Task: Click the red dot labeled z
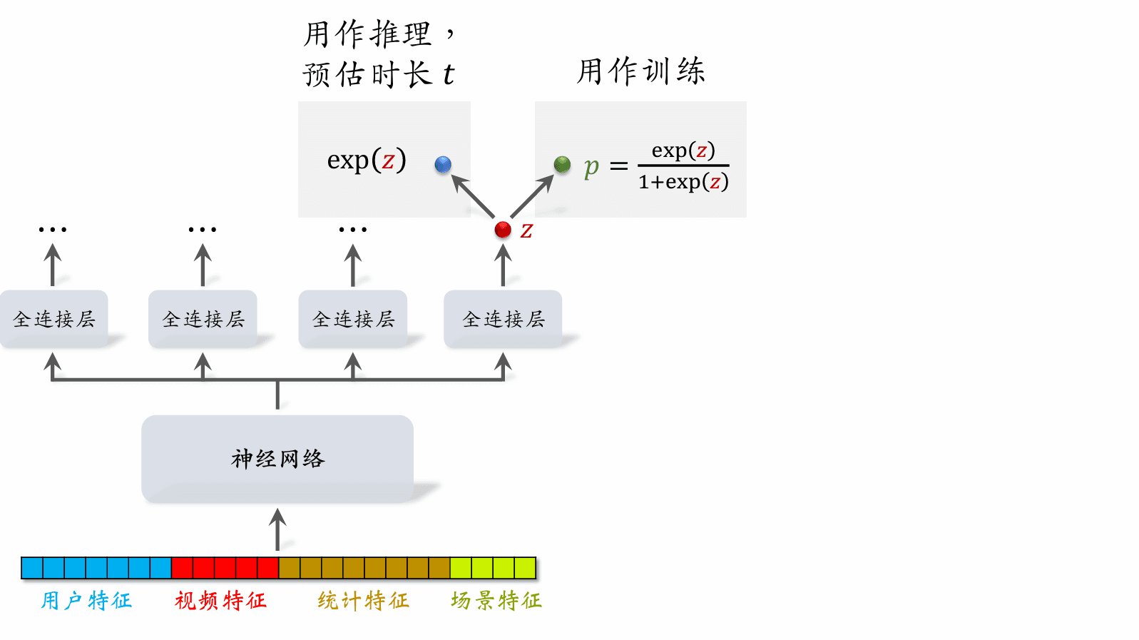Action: (x=503, y=230)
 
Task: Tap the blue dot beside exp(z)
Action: (x=443, y=165)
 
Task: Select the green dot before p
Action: (x=562, y=165)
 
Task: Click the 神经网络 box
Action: (x=277, y=459)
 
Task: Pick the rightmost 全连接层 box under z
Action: (x=503, y=319)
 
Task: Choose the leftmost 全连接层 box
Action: (x=54, y=319)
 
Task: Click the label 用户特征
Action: (x=86, y=601)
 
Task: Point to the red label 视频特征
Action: (x=220, y=601)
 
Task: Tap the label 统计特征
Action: (x=363, y=601)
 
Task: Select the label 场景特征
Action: (x=496, y=601)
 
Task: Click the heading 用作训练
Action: (x=640, y=71)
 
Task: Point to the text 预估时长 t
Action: (x=378, y=74)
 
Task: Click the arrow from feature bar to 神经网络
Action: (x=277, y=529)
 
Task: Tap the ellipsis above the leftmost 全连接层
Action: (x=53, y=230)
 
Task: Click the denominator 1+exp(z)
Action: (x=683, y=183)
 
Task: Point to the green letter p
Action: (x=591, y=167)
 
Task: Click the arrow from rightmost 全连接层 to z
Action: (x=503, y=265)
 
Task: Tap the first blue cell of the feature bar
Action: (x=32, y=568)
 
